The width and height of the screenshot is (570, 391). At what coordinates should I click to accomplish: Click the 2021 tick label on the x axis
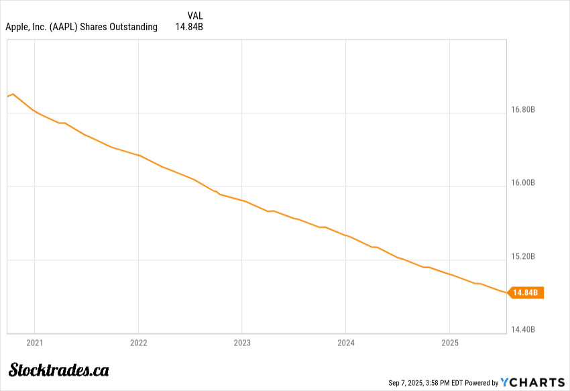click(34, 343)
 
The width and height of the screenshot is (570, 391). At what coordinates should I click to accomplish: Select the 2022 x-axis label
click(138, 343)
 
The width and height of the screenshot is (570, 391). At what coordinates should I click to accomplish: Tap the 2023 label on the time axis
click(242, 343)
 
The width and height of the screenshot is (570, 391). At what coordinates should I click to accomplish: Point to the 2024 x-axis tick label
click(345, 343)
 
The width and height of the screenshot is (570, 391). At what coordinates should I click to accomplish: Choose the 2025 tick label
click(449, 343)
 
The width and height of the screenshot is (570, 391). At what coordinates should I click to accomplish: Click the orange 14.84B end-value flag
click(527, 292)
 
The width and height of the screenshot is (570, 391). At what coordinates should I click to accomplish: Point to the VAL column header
click(194, 15)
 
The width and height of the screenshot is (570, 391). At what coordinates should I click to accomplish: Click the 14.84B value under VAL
click(188, 27)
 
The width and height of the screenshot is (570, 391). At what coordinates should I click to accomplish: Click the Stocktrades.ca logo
click(59, 369)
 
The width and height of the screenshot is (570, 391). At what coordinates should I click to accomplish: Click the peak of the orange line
click(13, 94)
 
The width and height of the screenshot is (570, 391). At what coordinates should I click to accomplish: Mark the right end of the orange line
click(506, 292)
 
